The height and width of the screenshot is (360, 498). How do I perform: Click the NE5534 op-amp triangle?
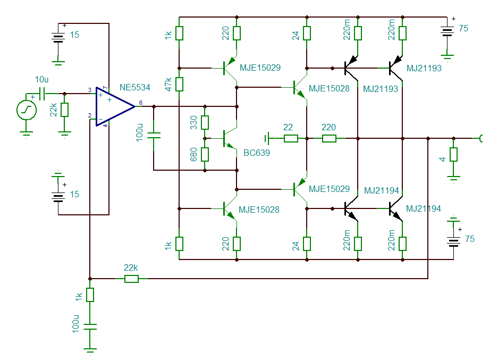pyautogui.click(x=112, y=107)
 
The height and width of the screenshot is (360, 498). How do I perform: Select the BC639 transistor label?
pyautogui.click(x=257, y=153)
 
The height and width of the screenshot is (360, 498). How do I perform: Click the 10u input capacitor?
pyautogui.click(x=43, y=94)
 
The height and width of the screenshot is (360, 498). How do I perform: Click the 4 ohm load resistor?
pyautogui.click(x=453, y=155)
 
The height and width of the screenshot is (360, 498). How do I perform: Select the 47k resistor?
pyautogui.click(x=180, y=84)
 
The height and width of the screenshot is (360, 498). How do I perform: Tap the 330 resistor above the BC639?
pyautogui.click(x=205, y=122)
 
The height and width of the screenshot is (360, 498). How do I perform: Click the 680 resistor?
pyautogui.click(x=205, y=154)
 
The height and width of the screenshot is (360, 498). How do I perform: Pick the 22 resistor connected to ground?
pyautogui.click(x=291, y=139)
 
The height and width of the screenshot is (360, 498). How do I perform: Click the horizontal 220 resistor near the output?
pyautogui.click(x=329, y=139)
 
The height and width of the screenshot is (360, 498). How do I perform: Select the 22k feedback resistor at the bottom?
pyautogui.click(x=131, y=279)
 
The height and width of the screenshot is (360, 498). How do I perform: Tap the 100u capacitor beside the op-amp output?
pyautogui.click(x=154, y=137)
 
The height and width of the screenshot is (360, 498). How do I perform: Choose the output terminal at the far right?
pyautogui.click(x=482, y=139)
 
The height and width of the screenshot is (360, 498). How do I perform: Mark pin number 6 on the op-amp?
pyautogui.click(x=140, y=103)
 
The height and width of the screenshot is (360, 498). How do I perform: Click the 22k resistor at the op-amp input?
pyautogui.click(x=65, y=110)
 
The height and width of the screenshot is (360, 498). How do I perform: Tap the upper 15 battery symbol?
pyautogui.click(x=58, y=37)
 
